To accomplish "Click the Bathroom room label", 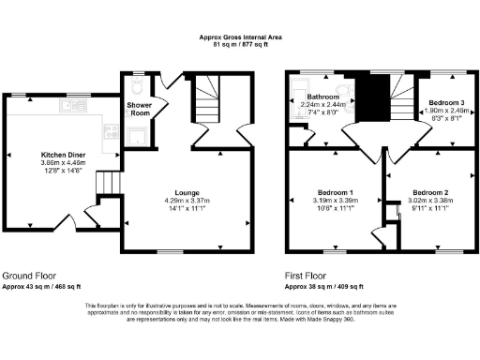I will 322,96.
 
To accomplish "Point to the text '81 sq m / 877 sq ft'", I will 239,43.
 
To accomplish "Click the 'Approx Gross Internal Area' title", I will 239,37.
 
